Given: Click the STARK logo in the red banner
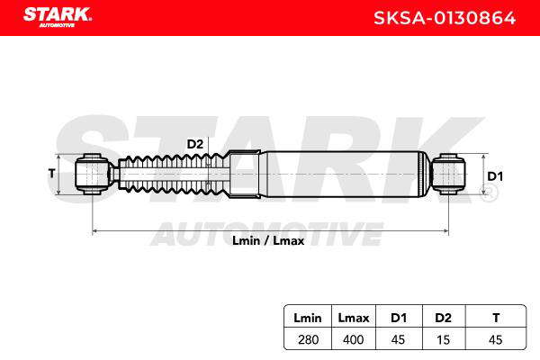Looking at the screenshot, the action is (x=58, y=17).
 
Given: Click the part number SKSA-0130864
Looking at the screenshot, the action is (x=445, y=18).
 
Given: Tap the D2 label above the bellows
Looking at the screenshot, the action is (x=195, y=144).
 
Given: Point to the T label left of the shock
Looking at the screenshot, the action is (x=51, y=174).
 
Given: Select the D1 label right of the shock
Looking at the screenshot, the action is (x=495, y=176).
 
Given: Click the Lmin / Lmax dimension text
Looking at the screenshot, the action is (x=268, y=240).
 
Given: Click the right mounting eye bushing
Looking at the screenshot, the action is (x=448, y=175).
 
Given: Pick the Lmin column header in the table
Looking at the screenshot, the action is (x=308, y=318).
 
